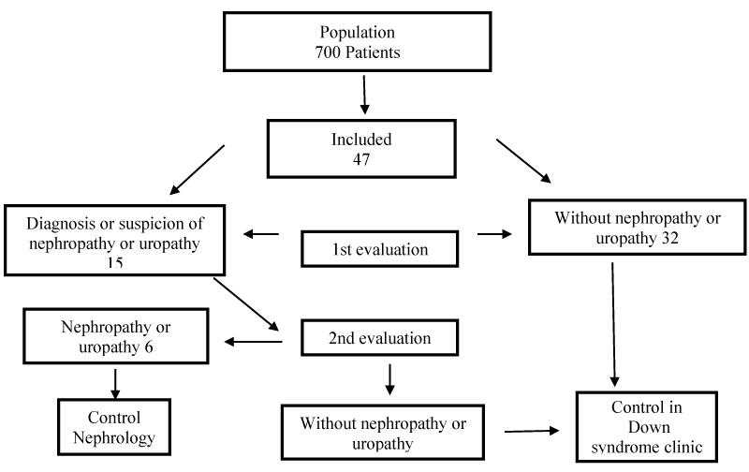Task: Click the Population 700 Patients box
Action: click(358, 42)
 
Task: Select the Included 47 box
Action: click(361, 149)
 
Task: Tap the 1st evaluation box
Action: click(380, 249)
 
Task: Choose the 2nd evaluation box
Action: click(380, 338)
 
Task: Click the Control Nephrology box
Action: click(114, 427)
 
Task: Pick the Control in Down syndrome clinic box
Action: click(647, 427)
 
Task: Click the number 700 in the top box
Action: click(328, 52)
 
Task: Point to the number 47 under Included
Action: click(361, 159)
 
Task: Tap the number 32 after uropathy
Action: click(669, 238)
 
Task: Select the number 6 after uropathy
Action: click(149, 347)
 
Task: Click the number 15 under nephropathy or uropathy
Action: click(114, 262)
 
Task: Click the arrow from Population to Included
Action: click(364, 95)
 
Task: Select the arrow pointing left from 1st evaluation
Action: click(261, 234)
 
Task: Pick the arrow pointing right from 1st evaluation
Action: click(494, 234)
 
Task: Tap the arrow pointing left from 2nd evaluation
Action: click(253, 342)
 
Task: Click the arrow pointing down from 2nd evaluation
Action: click(389, 380)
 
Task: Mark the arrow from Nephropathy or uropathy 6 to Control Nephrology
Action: click(115, 384)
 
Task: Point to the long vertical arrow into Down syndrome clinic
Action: click(613, 324)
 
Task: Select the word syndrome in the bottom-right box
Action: click(617, 448)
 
